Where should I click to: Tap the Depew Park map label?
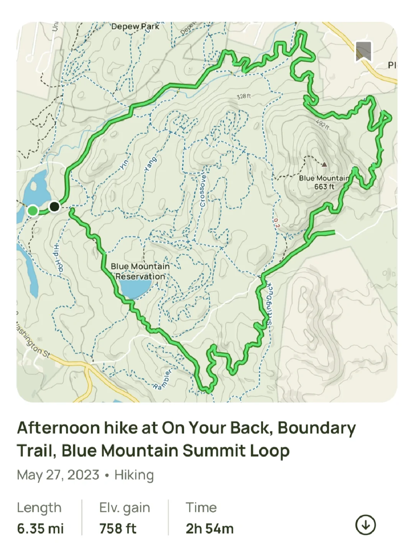click(135, 26)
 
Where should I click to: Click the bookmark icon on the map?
click(363, 51)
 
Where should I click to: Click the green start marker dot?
click(33, 210)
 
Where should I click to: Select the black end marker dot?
click(54, 207)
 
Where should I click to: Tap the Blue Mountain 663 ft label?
click(324, 182)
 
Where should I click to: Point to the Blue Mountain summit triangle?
click(324, 165)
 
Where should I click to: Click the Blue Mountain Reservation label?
click(140, 271)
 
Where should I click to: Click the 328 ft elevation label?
click(244, 96)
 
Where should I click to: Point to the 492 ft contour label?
click(322, 125)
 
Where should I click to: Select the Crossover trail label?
click(203, 191)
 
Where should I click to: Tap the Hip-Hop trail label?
click(58, 258)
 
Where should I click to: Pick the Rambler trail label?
click(163, 380)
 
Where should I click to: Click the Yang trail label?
click(150, 164)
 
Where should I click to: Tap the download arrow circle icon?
click(365, 525)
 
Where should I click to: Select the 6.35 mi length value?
click(40, 529)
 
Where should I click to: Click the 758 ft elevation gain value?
click(118, 529)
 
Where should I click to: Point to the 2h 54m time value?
click(210, 529)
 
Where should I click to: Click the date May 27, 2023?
click(58, 475)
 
